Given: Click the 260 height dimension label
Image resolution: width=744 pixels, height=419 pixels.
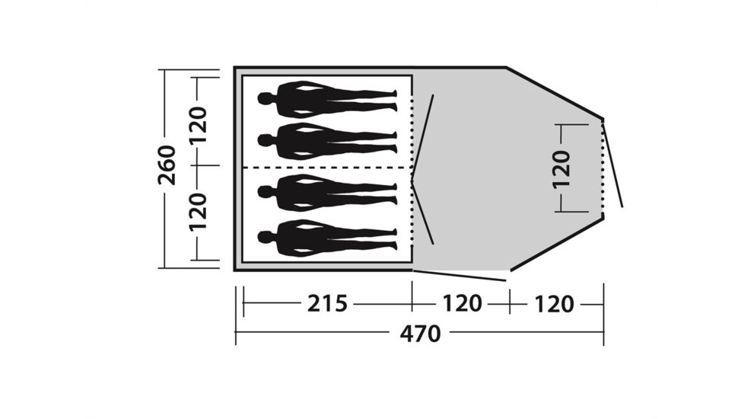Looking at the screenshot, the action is (167, 165).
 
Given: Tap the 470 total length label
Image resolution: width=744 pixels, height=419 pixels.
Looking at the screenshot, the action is (421, 334).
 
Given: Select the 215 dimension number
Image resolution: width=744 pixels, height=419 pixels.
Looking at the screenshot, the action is (327, 303).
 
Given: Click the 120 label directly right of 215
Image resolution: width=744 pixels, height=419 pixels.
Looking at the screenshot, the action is (463, 303).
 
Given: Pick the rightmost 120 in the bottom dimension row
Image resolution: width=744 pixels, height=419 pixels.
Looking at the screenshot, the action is (555, 304).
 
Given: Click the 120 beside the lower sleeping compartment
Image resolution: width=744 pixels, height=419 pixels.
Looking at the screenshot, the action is (199, 212).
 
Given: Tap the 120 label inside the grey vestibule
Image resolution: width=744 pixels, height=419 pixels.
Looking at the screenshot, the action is (561, 170).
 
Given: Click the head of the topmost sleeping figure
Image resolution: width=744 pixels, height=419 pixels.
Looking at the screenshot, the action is (265, 98).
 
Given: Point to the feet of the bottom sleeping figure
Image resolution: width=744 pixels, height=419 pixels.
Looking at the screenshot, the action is (393, 239).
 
